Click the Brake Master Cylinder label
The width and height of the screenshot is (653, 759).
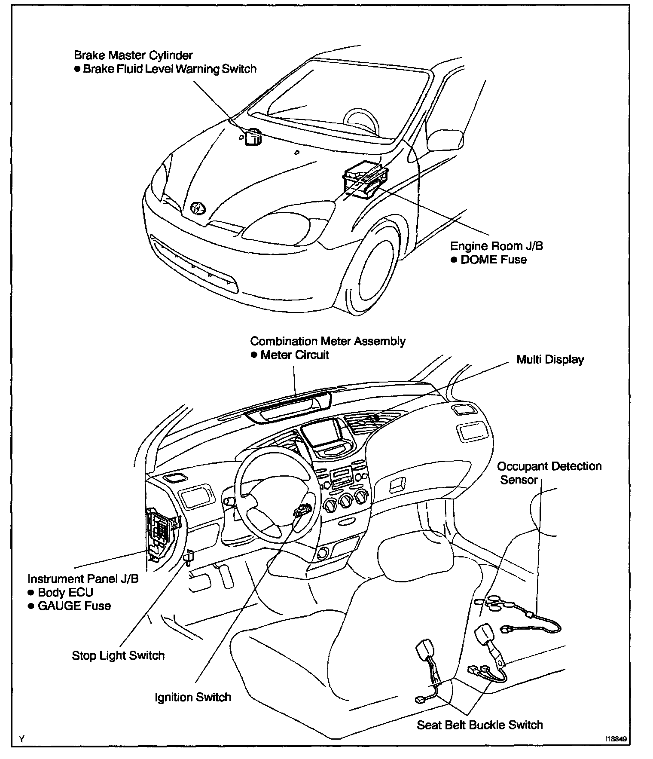tap(133, 55)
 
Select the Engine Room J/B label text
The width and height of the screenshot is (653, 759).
tap(496, 246)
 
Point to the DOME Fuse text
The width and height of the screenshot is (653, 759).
tap(493, 260)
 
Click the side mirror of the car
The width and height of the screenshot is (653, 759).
tap(445, 140)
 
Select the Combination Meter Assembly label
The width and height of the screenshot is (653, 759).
tap(328, 341)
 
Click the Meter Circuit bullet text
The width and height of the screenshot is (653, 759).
tap(294, 355)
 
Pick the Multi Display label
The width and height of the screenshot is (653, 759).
tap(550, 359)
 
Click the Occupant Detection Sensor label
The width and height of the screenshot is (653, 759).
tap(549, 473)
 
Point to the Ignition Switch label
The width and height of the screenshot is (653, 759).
tap(193, 697)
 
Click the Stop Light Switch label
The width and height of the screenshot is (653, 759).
tap(118, 655)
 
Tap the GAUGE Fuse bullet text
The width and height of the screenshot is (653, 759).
tap(74, 606)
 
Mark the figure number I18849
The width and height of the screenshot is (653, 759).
tap(616, 739)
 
